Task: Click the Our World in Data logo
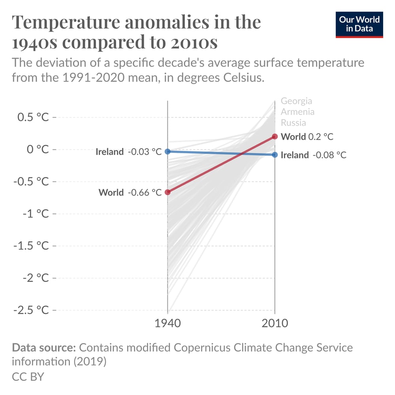[359, 24]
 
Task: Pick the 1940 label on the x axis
[167, 324]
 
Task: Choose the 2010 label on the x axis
[275, 324]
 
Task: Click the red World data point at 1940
[167, 192]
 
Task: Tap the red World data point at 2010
[275, 137]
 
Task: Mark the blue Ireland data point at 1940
[167, 151]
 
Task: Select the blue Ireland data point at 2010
[275, 155]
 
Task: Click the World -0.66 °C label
[130, 193]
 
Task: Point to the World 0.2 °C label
[307, 137]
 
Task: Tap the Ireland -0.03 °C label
[128, 152]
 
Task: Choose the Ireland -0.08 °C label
[313, 155]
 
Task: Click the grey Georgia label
[296, 101]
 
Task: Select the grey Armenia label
[297, 112]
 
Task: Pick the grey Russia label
[293, 122]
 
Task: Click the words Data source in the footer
[44, 348]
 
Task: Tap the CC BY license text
[28, 376]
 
